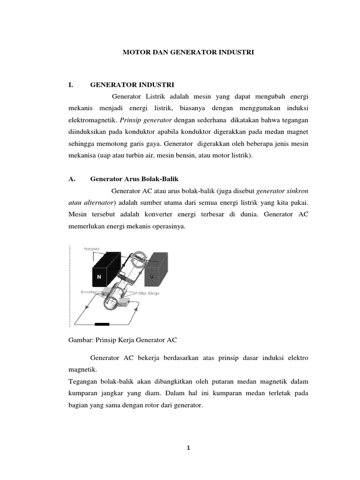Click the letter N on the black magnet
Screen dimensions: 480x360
tap(98, 277)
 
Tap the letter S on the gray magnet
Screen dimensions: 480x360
tap(151, 277)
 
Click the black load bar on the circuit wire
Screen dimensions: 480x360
tap(102, 324)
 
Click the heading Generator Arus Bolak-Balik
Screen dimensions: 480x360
tap(134, 179)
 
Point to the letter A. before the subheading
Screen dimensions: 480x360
tap(72, 179)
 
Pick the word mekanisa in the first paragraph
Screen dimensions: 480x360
tap(82, 155)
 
